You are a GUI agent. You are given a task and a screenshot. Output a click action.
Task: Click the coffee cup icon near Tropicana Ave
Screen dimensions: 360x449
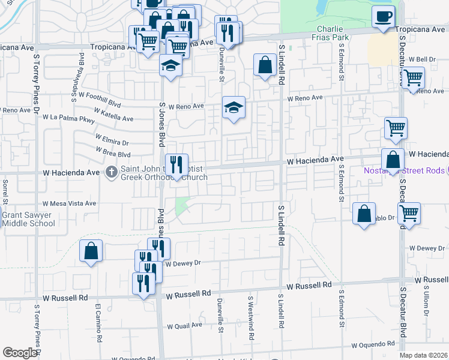383,17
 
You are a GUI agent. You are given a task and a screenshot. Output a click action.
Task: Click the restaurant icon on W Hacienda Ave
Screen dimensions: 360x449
177,165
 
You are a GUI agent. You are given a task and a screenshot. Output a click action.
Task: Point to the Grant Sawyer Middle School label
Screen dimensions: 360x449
28,220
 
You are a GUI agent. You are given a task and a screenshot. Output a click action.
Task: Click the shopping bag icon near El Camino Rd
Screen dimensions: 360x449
91,251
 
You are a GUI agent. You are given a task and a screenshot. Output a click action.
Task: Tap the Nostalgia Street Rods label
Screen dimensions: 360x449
405,171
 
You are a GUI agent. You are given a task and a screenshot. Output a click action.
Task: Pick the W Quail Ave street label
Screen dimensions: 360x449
184,326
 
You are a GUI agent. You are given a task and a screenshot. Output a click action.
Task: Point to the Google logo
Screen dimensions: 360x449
20,353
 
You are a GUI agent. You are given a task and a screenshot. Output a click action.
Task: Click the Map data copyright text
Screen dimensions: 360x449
424,356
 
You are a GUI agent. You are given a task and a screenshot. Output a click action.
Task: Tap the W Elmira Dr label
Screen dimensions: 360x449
112,143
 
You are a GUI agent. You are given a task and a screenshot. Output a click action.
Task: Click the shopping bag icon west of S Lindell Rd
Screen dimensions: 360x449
265,65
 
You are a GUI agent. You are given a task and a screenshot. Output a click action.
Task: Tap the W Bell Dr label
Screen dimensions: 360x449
421,59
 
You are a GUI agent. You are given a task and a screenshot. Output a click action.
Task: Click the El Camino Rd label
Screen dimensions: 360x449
97,317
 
